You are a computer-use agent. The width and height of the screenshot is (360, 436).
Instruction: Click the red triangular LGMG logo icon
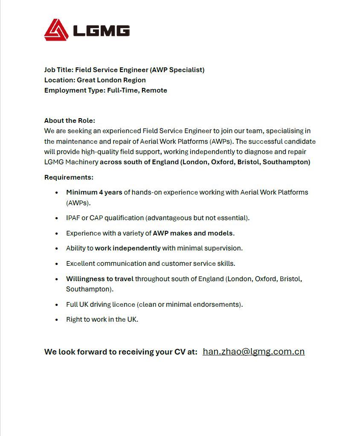56,30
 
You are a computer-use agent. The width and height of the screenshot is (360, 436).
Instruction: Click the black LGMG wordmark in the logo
101,30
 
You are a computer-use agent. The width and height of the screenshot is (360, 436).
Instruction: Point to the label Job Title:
59,70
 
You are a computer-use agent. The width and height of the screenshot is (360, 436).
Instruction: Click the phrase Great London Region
111,80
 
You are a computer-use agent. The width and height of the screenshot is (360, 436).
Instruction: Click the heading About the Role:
70,121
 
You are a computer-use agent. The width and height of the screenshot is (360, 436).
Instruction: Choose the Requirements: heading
69,177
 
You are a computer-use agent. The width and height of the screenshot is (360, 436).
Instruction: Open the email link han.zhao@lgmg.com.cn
254,352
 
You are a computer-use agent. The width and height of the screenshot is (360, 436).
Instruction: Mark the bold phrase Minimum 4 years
94,192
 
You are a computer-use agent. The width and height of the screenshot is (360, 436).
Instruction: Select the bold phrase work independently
128,248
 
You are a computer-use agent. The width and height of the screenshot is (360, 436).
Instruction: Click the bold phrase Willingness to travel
100,279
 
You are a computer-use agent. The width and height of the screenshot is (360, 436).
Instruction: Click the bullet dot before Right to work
56,320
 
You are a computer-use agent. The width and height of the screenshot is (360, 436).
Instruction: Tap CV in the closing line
180,352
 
